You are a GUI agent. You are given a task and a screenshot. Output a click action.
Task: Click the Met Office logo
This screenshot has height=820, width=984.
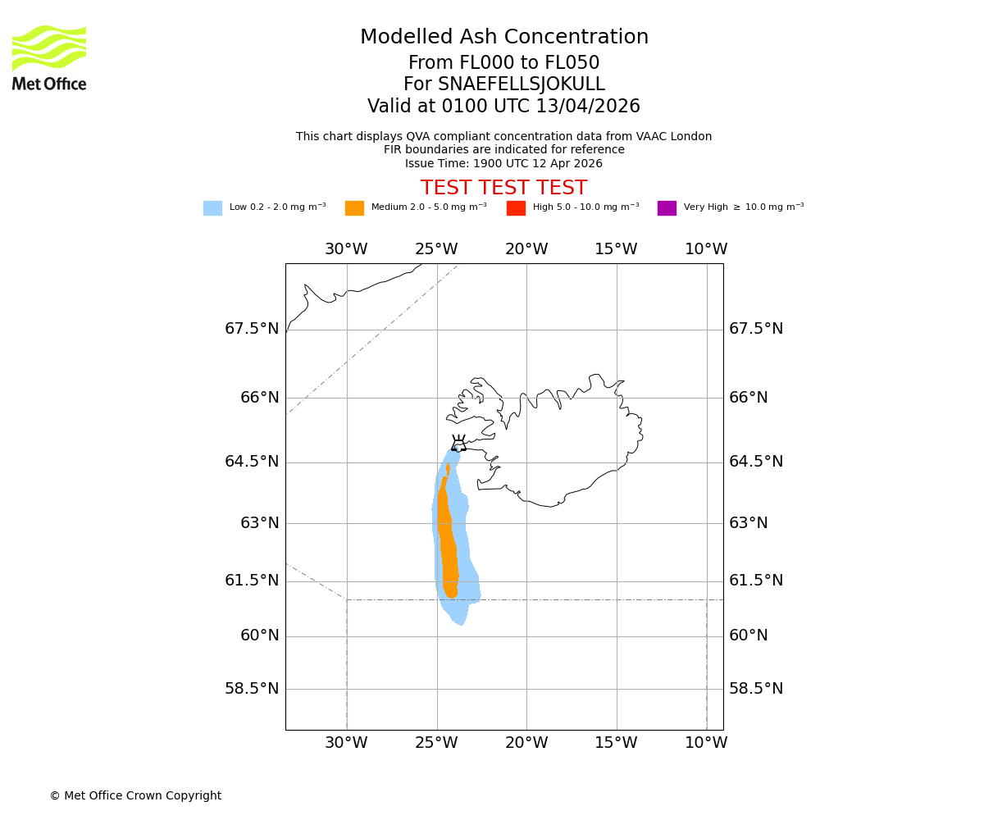click(x=49, y=57)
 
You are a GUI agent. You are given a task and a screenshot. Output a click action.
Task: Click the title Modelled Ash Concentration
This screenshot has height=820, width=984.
click(x=504, y=37)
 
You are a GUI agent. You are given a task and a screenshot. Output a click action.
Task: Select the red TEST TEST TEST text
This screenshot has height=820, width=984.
click(x=503, y=188)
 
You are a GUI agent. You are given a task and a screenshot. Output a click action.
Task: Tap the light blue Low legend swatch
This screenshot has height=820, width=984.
click(x=212, y=207)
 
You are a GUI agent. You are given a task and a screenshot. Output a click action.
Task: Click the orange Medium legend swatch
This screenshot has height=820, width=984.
click(x=354, y=207)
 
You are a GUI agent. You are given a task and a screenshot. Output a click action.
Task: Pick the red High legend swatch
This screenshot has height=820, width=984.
click(x=516, y=207)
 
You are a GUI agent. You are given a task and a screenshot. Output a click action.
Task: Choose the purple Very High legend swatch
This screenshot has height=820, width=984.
click(x=667, y=207)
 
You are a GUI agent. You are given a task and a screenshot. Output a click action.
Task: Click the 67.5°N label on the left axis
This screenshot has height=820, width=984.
click(x=252, y=329)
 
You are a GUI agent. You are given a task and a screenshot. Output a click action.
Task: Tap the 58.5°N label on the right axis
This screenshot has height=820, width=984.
click(x=756, y=688)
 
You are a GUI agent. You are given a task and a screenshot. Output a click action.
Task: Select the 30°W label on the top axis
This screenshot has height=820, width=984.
click(x=346, y=249)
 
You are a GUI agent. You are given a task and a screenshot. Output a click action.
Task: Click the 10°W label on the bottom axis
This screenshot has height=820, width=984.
click(x=706, y=743)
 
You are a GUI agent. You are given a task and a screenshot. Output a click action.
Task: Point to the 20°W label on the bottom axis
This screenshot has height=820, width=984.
click(x=526, y=743)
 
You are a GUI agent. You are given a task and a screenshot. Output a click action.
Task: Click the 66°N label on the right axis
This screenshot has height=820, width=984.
click(x=749, y=398)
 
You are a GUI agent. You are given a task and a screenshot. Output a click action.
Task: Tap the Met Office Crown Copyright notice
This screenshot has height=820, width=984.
click(x=135, y=795)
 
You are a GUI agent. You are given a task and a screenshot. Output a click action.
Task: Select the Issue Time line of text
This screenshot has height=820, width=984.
click(x=503, y=163)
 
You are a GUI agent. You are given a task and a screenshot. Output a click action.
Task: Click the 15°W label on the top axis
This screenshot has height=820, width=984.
click(x=616, y=249)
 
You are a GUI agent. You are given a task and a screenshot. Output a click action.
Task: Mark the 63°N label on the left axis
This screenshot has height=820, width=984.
click(x=260, y=523)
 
